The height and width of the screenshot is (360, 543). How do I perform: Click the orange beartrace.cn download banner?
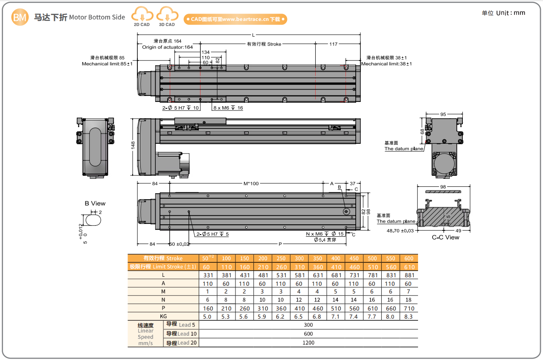point(235,19)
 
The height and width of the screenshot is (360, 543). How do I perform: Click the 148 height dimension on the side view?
point(133,145)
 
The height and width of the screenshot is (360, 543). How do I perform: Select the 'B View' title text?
point(95,203)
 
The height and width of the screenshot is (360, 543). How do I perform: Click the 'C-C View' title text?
point(445,237)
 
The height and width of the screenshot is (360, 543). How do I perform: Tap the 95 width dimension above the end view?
point(443,114)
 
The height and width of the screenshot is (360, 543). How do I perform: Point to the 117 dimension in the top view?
point(333,44)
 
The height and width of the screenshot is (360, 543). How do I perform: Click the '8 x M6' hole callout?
point(228,108)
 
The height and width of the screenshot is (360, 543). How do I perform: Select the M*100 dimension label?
point(250,183)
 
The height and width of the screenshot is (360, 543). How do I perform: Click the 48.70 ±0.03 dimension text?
point(400,231)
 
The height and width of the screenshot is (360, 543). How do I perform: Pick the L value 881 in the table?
point(409,275)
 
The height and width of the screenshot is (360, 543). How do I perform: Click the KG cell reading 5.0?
point(207,316)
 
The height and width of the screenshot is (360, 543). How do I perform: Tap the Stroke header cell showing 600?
point(409,258)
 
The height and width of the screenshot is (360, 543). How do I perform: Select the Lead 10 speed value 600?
point(308,334)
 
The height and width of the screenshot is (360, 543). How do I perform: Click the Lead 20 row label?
point(181,343)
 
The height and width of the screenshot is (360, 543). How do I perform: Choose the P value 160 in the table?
point(207,308)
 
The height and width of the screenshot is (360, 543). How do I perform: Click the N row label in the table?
point(163,300)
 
